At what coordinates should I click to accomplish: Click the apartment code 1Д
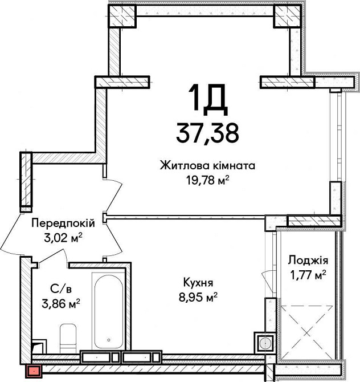(x=208, y=100)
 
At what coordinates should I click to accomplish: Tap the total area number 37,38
(x=207, y=133)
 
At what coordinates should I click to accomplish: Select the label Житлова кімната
(x=207, y=166)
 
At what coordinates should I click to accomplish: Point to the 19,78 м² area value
(x=208, y=180)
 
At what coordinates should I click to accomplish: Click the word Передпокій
(x=63, y=223)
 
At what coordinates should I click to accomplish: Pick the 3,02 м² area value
(x=63, y=238)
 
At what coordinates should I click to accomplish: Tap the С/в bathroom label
(x=61, y=289)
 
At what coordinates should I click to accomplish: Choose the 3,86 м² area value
(x=61, y=303)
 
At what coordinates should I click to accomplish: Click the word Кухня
(x=198, y=283)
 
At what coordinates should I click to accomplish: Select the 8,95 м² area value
(x=198, y=297)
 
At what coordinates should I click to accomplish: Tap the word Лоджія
(x=308, y=261)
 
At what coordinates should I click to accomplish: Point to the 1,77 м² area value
(x=308, y=275)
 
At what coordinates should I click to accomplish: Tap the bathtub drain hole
(x=109, y=340)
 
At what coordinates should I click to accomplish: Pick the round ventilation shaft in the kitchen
(x=264, y=343)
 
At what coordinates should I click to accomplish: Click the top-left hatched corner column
(x=122, y=16)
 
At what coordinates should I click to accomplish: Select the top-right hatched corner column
(x=287, y=16)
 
